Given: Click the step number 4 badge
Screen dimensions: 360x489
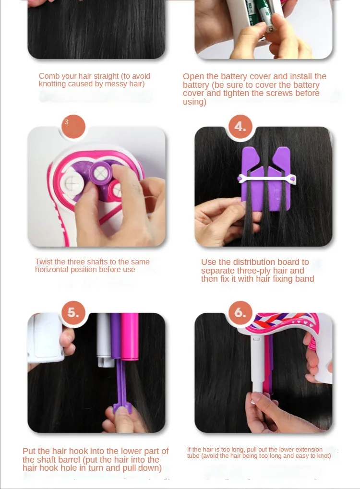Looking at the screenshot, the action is (x=240, y=127).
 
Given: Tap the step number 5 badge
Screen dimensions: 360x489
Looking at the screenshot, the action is (x=73, y=312).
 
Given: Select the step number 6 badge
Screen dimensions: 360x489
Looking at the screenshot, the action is (x=240, y=312).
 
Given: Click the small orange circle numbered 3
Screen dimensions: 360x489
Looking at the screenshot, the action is (x=73, y=127).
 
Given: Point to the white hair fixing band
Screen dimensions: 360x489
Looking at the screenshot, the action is (x=266, y=179).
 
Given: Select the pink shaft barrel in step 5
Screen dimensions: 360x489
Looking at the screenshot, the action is (x=130, y=336).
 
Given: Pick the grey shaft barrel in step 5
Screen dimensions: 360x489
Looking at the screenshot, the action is (x=104, y=339).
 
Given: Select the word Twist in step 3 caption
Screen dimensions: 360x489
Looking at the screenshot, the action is (x=43, y=262).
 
